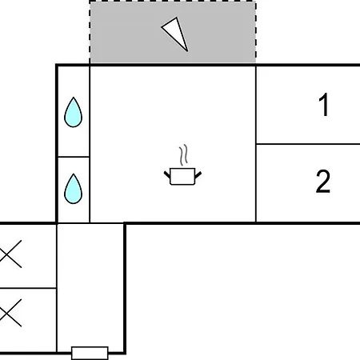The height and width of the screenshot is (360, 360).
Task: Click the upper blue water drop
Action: pos(73,113)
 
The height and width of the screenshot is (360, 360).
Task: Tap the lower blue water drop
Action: pos(73,190)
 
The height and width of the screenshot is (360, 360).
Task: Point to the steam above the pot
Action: pos(183,154)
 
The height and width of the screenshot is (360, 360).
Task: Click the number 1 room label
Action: pos(324,105)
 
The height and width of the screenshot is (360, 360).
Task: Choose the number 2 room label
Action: pos(323,181)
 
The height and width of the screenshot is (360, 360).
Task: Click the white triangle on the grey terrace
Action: pos(176,33)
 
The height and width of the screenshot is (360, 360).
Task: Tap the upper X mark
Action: pos(10,254)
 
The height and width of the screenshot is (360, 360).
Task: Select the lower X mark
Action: pos(10,313)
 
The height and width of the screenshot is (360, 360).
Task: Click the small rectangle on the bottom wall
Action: pos(90,353)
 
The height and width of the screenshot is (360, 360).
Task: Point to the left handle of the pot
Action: pos(167,175)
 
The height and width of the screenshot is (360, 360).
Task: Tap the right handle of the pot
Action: pos(198,175)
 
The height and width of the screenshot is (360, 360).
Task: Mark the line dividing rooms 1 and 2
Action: pos(308,144)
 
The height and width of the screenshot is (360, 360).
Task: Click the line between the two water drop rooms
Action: pos(74,157)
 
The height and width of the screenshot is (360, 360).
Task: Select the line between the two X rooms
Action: pos(28,288)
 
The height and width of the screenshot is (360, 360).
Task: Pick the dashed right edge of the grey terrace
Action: pos(256,32)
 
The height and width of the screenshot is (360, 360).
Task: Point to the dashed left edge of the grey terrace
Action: pos(90,32)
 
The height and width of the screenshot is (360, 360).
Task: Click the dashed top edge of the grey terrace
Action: pos(173,2)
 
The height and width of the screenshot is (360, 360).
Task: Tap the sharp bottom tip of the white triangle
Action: pos(187,50)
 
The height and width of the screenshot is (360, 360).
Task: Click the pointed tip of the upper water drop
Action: pos(74,98)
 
